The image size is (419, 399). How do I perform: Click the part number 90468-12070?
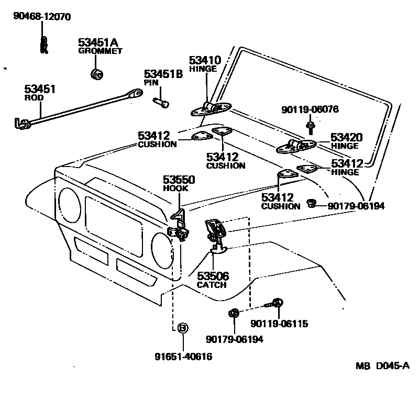pos(42,17)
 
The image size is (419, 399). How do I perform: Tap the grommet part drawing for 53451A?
pos(96,74)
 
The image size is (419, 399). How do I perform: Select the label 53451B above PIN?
pos(163,74)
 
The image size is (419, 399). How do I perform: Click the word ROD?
pos(35,97)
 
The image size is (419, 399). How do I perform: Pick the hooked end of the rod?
pos(21,124)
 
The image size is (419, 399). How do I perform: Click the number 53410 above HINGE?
pos(205,60)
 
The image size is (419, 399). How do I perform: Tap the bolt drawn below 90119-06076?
pos(310,126)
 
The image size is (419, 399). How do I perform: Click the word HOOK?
pos(172,189)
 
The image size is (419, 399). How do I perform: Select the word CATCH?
pos(212,285)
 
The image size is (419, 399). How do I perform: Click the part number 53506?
pos(213,276)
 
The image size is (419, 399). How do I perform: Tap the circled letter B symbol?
pos(183,328)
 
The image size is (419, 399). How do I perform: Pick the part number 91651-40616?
pos(183,358)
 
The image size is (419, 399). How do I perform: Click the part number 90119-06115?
pos(279,324)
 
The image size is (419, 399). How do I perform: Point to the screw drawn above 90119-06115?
pos(275,303)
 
